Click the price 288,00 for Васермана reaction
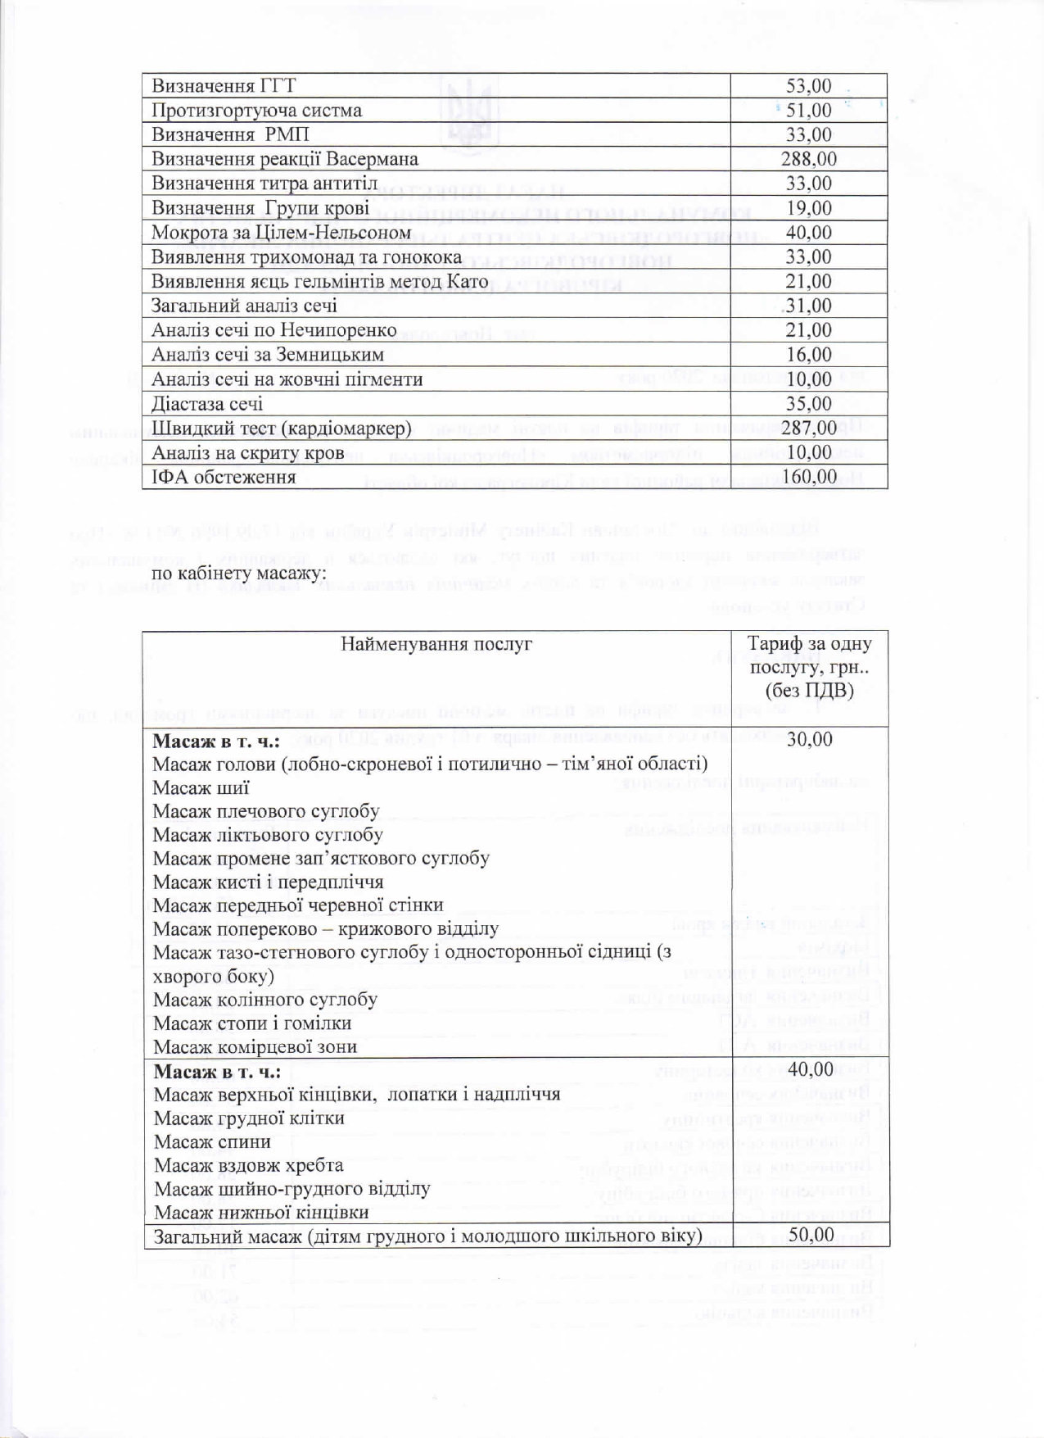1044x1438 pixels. pos(808,159)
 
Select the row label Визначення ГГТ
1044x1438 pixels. pos(224,86)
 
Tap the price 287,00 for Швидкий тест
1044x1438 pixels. pos(808,428)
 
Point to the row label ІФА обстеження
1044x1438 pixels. pos(224,477)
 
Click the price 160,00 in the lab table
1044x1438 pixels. pos(808,477)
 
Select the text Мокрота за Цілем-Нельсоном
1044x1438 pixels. pos(281,233)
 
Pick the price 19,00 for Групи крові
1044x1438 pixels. pos(808,208)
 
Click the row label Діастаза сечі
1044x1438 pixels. pos(207,404)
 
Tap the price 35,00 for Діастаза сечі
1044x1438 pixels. pos(808,404)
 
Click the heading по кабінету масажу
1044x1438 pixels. pos(239,573)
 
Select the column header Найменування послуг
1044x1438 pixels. pos(436,644)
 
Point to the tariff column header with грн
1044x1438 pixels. pos(810,667)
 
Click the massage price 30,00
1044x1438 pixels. pos(809,740)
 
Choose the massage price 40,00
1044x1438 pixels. pos(810,1069)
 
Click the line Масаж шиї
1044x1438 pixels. pos(201,788)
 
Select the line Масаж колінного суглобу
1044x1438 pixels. pos(265,1000)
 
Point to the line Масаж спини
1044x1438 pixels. pos(212,1141)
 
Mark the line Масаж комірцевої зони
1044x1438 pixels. pos(255,1047)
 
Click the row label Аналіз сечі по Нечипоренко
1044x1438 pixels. pos(273,330)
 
